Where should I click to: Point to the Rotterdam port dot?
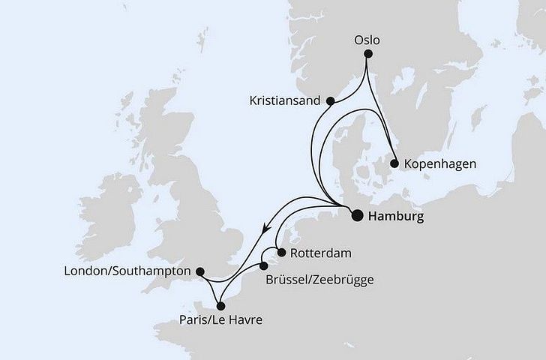point(280,253)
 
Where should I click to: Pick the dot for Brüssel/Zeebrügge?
point(264,265)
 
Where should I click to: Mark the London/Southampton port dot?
point(199,271)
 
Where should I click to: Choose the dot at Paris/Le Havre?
point(220,305)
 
